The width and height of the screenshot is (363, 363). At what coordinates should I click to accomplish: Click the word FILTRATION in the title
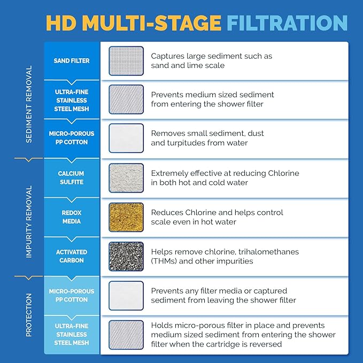point(287,23)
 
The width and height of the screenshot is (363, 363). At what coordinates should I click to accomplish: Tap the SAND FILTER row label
point(72,61)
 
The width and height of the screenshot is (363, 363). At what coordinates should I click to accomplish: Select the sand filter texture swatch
point(126,61)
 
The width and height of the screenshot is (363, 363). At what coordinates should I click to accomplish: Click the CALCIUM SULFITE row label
point(71,178)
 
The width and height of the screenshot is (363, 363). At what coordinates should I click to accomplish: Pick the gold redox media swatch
point(126,217)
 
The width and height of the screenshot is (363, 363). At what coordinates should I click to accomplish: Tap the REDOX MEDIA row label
point(71,217)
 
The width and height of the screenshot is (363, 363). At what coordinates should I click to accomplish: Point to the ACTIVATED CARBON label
point(71,256)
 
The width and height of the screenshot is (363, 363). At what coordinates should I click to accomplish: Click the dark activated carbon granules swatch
point(126,256)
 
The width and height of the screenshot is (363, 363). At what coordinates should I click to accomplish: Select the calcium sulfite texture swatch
point(126,178)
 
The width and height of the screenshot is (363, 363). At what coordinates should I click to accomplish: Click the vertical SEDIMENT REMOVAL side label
point(29,104)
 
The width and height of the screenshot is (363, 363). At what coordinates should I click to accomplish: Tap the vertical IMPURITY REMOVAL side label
point(29,222)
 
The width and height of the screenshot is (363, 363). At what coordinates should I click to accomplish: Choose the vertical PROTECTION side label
point(29,315)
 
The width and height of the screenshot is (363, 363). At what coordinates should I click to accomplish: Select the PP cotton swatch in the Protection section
point(126,296)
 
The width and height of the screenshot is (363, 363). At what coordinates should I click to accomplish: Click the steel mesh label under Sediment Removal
point(71,101)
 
